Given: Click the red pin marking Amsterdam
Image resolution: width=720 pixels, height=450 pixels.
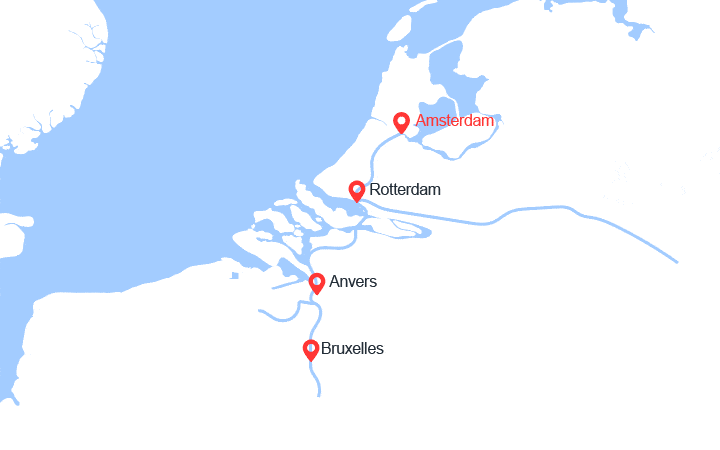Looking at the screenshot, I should point(401,122).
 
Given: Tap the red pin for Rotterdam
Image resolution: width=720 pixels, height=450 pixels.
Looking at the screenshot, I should point(357,190).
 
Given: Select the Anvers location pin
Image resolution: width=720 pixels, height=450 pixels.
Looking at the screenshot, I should point(317,283).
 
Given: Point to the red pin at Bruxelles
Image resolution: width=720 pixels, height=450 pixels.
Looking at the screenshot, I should point(311,350).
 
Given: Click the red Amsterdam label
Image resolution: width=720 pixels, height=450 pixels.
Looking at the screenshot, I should point(455,121).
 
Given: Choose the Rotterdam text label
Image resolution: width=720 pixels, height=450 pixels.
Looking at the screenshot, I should point(404,189).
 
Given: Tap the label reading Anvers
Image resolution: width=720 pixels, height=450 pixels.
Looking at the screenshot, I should point(353,282).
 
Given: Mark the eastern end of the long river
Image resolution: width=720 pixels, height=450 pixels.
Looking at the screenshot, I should point(677,262).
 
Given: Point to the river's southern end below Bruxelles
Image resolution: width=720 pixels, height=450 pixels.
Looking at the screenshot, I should point(318,396).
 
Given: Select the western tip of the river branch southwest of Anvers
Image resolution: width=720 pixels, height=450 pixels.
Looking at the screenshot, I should point(260,311).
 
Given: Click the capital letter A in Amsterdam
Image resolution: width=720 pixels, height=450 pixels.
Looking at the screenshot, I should point(421,121).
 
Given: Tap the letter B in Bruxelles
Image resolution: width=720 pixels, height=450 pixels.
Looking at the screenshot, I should point(327,349).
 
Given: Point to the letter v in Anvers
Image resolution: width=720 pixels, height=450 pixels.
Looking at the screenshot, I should point(349,282).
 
